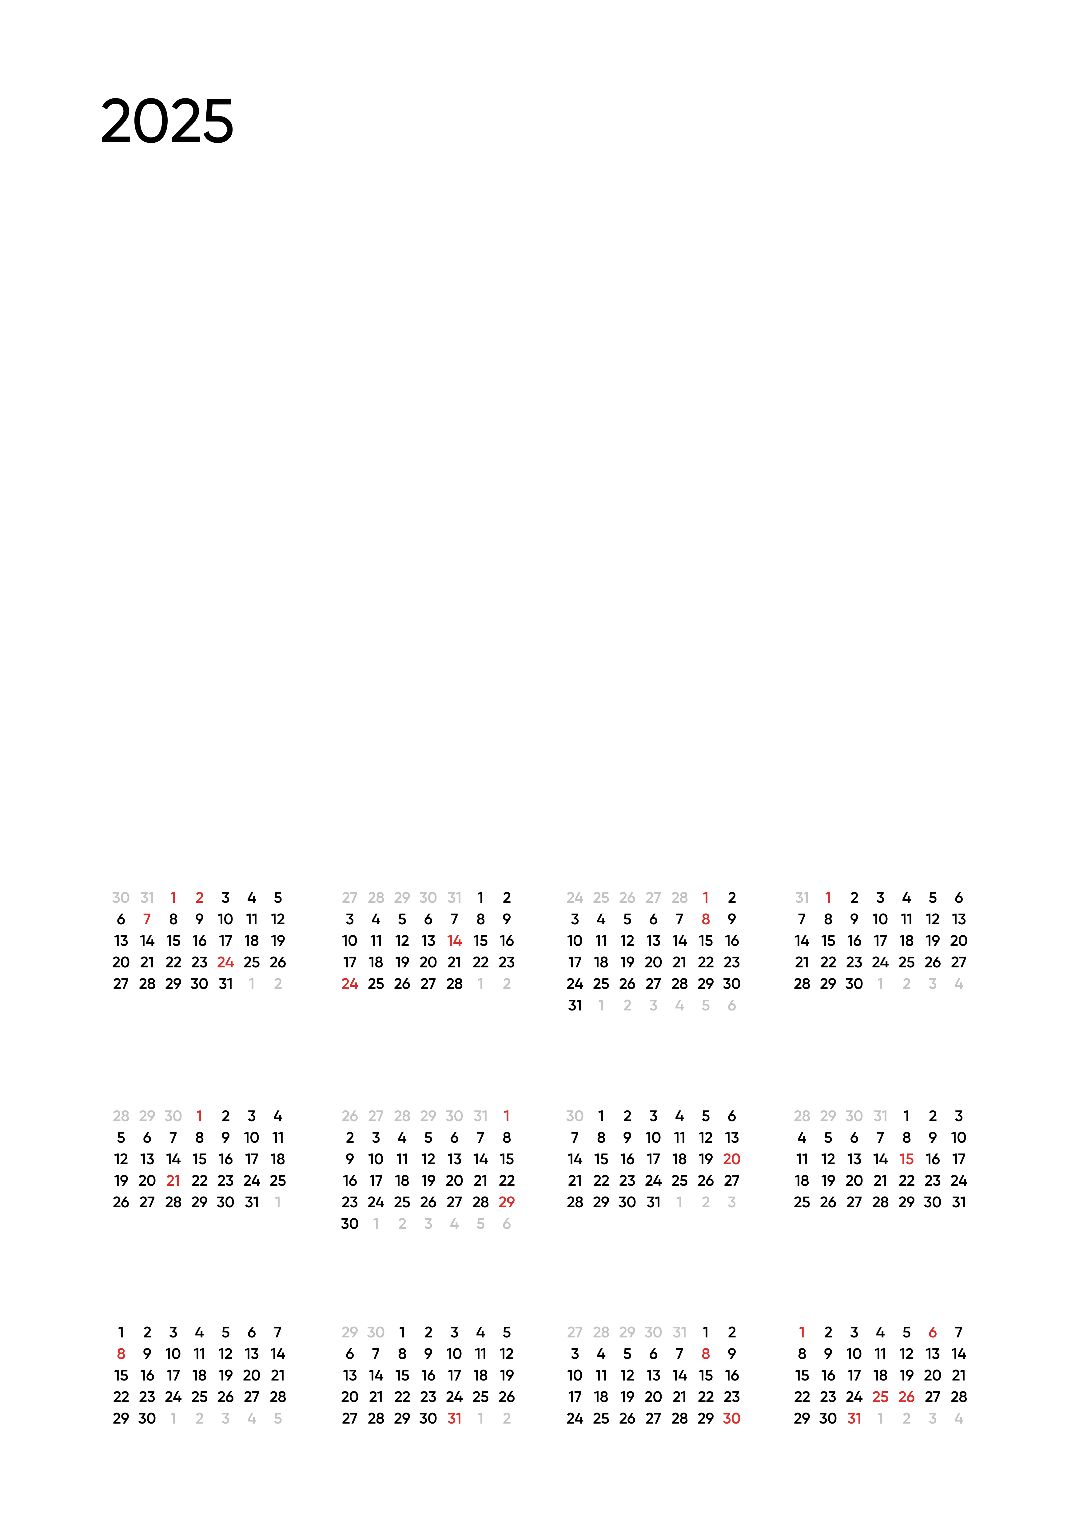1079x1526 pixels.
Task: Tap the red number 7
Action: click(147, 919)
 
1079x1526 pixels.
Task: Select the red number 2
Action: click(199, 898)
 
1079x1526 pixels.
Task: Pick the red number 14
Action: click(455, 940)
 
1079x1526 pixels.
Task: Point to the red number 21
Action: click(173, 1180)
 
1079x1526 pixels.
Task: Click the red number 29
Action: click(507, 1202)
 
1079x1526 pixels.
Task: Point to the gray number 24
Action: click(575, 898)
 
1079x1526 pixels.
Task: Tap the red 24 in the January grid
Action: click(225, 962)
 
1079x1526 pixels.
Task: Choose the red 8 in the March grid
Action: click(706, 919)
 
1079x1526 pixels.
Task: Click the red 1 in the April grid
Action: click(828, 898)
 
